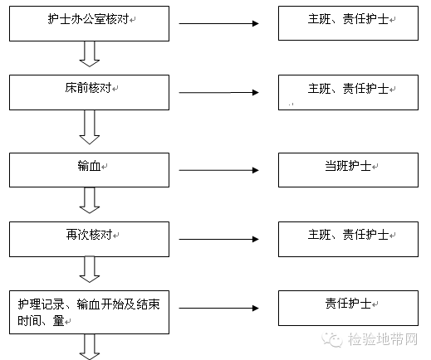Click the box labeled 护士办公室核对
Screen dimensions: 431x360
coord(89,24)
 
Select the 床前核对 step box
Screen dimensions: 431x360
coord(89,92)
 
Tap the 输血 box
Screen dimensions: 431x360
coord(89,170)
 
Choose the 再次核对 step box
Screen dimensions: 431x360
coord(89,239)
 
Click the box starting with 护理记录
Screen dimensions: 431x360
coord(89,312)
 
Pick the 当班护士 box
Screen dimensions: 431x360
coord(348,170)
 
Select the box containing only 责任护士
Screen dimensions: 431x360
coord(348,308)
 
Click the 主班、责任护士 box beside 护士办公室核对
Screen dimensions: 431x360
coord(348,23)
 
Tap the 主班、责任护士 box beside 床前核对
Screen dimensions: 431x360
coord(348,92)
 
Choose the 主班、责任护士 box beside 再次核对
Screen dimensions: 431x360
coord(348,239)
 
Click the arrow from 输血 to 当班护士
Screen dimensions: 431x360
coord(218,170)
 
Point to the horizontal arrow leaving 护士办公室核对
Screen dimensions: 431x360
coord(218,23)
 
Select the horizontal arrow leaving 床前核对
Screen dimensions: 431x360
coord(218,92)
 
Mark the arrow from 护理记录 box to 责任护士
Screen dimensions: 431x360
coord(218,308)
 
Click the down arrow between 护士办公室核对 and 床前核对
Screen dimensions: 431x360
coord(90,54)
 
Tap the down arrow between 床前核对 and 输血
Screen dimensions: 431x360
coord(90,127)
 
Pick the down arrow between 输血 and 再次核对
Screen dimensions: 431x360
coord(90,201)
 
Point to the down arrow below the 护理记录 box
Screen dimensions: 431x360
coord(90,347)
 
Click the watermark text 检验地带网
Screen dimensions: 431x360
coord(383,339)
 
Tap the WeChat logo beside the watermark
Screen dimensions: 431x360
coord(332,339)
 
